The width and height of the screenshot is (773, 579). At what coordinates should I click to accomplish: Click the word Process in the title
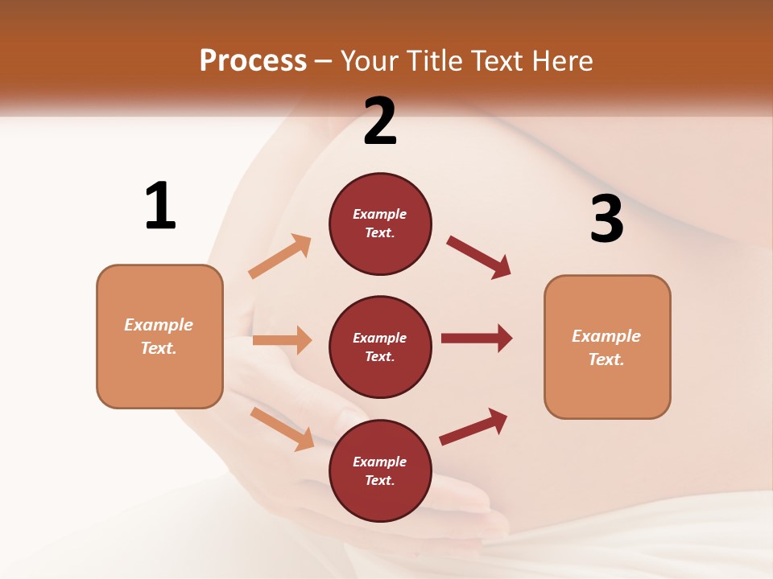(x=253, y=61)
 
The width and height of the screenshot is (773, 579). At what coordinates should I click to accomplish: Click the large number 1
(x=160, y=206)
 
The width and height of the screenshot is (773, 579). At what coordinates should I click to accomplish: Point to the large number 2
(x=380, y=121)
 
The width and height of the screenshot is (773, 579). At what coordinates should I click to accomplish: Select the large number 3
(x=606, y=219)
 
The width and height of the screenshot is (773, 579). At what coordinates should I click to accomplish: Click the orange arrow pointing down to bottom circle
(x=282, y=428)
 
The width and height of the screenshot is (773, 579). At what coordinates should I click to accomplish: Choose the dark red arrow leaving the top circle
(x=479, y=257)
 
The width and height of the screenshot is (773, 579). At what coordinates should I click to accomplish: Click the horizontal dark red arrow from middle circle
(x=476, y=338)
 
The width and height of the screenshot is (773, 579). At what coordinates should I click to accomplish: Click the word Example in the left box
(x=159, y=325)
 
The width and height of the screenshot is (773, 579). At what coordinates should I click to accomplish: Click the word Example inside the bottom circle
(x=380, y=462)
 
